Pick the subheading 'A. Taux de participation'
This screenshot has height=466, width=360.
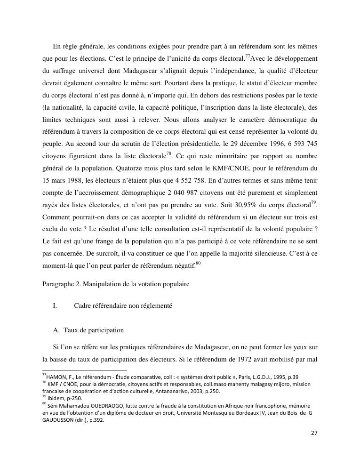point(89,330)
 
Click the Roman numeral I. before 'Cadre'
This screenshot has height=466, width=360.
point(55,306)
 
